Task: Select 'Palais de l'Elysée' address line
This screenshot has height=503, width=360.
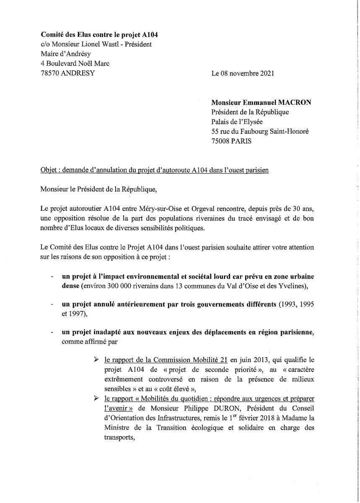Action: coord(237,122)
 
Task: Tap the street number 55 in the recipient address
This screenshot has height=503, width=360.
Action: coord(215,132)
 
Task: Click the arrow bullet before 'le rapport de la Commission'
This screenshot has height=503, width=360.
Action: coord(97,360)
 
